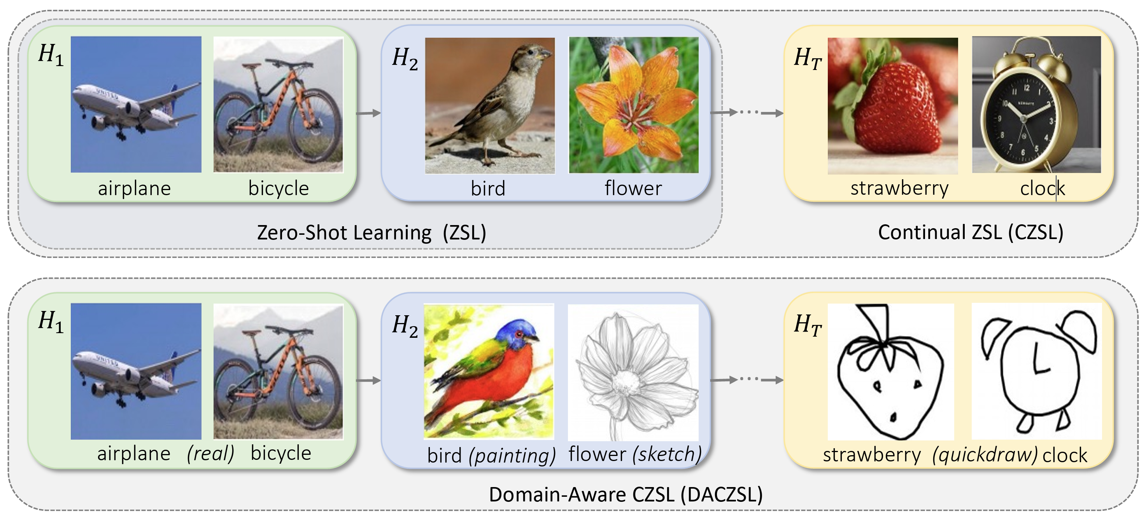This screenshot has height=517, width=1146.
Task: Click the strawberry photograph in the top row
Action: [892, 106]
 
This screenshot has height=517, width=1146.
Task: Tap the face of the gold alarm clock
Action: [1023, 119]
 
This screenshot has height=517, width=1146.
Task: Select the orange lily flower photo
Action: [634, 105]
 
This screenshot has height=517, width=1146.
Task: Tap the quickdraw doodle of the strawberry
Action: [890, 372]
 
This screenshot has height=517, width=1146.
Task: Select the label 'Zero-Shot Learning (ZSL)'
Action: [371, 232]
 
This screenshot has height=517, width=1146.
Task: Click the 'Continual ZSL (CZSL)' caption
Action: [971, 232]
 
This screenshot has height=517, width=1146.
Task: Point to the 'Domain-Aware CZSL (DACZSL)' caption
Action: [626, 494]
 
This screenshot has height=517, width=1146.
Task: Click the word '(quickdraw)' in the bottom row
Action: [985, 455]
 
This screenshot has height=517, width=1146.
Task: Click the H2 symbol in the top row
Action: [405, 58]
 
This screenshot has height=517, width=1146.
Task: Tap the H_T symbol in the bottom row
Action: [808, 325]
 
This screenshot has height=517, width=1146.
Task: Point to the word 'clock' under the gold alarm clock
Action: [1043, 189]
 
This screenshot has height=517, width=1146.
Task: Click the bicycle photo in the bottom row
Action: [278, 372]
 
